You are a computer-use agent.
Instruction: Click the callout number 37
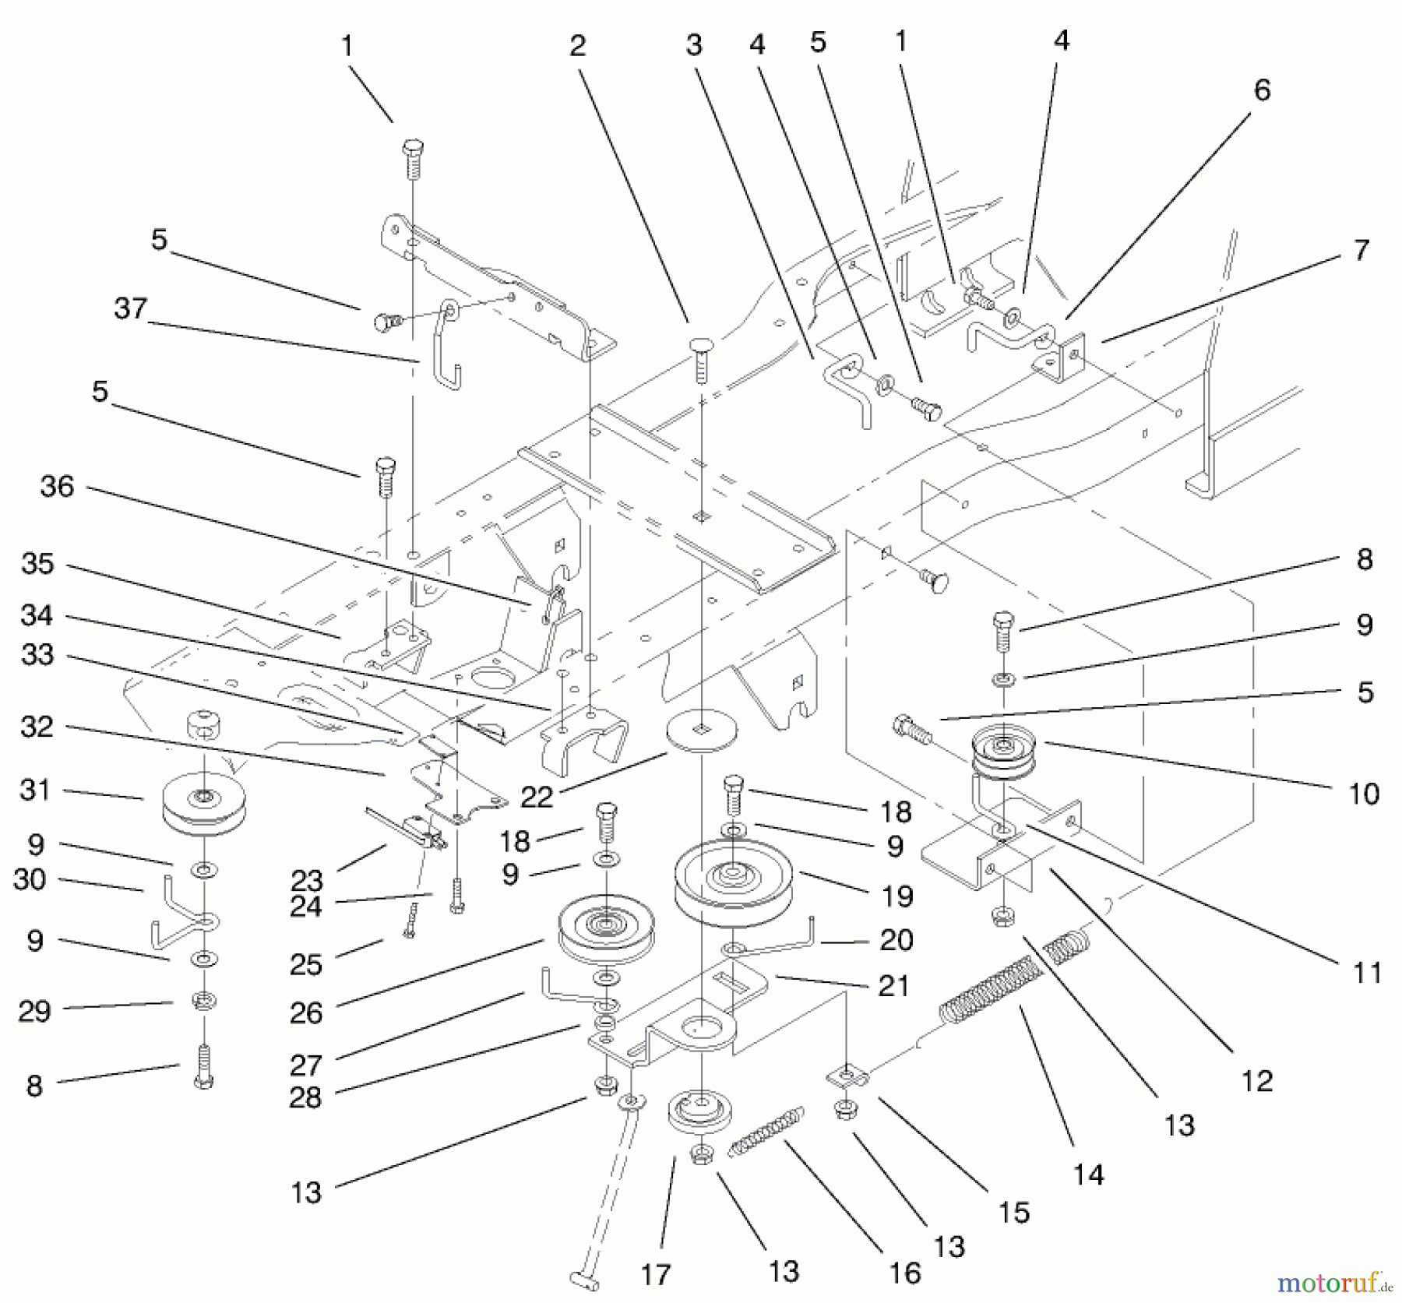pos(130,309)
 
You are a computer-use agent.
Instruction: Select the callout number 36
pos(57,488)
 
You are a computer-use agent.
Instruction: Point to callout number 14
pos(1089,1174)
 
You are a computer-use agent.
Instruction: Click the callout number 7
pos(1361,251)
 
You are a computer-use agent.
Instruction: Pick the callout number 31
pos(35,791)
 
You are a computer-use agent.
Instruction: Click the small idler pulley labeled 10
pos(1004,754)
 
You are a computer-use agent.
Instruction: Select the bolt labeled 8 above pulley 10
pos(1003,630)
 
